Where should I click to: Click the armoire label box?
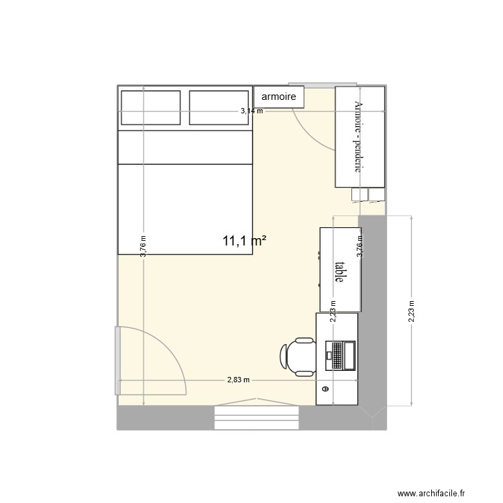coord(279,97)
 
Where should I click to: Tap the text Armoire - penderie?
coord(359,137)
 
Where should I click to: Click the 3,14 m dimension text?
coord(252,112)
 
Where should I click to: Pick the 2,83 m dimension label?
coord(238,380)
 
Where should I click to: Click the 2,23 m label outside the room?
coord(411,311)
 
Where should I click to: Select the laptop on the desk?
coord(340,355)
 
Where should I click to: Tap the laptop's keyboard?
coord(348,355)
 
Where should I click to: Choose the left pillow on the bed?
coord(150,108)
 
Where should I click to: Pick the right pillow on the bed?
coord(220,108)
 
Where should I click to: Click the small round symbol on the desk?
coord(326,389)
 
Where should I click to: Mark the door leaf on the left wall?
coord(117,360)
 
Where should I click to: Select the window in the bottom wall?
coord(256,417)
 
